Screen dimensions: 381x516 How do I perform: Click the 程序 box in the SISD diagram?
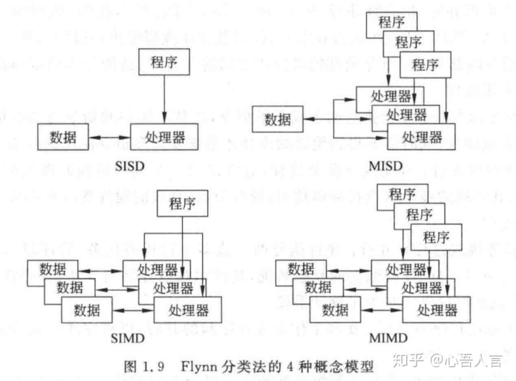point(165,62)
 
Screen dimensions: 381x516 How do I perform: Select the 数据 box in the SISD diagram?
point(62,135)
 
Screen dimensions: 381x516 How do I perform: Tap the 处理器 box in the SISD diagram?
point(164,135)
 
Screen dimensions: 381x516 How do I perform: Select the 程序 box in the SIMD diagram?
point(182,203)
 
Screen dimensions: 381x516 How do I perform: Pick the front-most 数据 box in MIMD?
point(335,310)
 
